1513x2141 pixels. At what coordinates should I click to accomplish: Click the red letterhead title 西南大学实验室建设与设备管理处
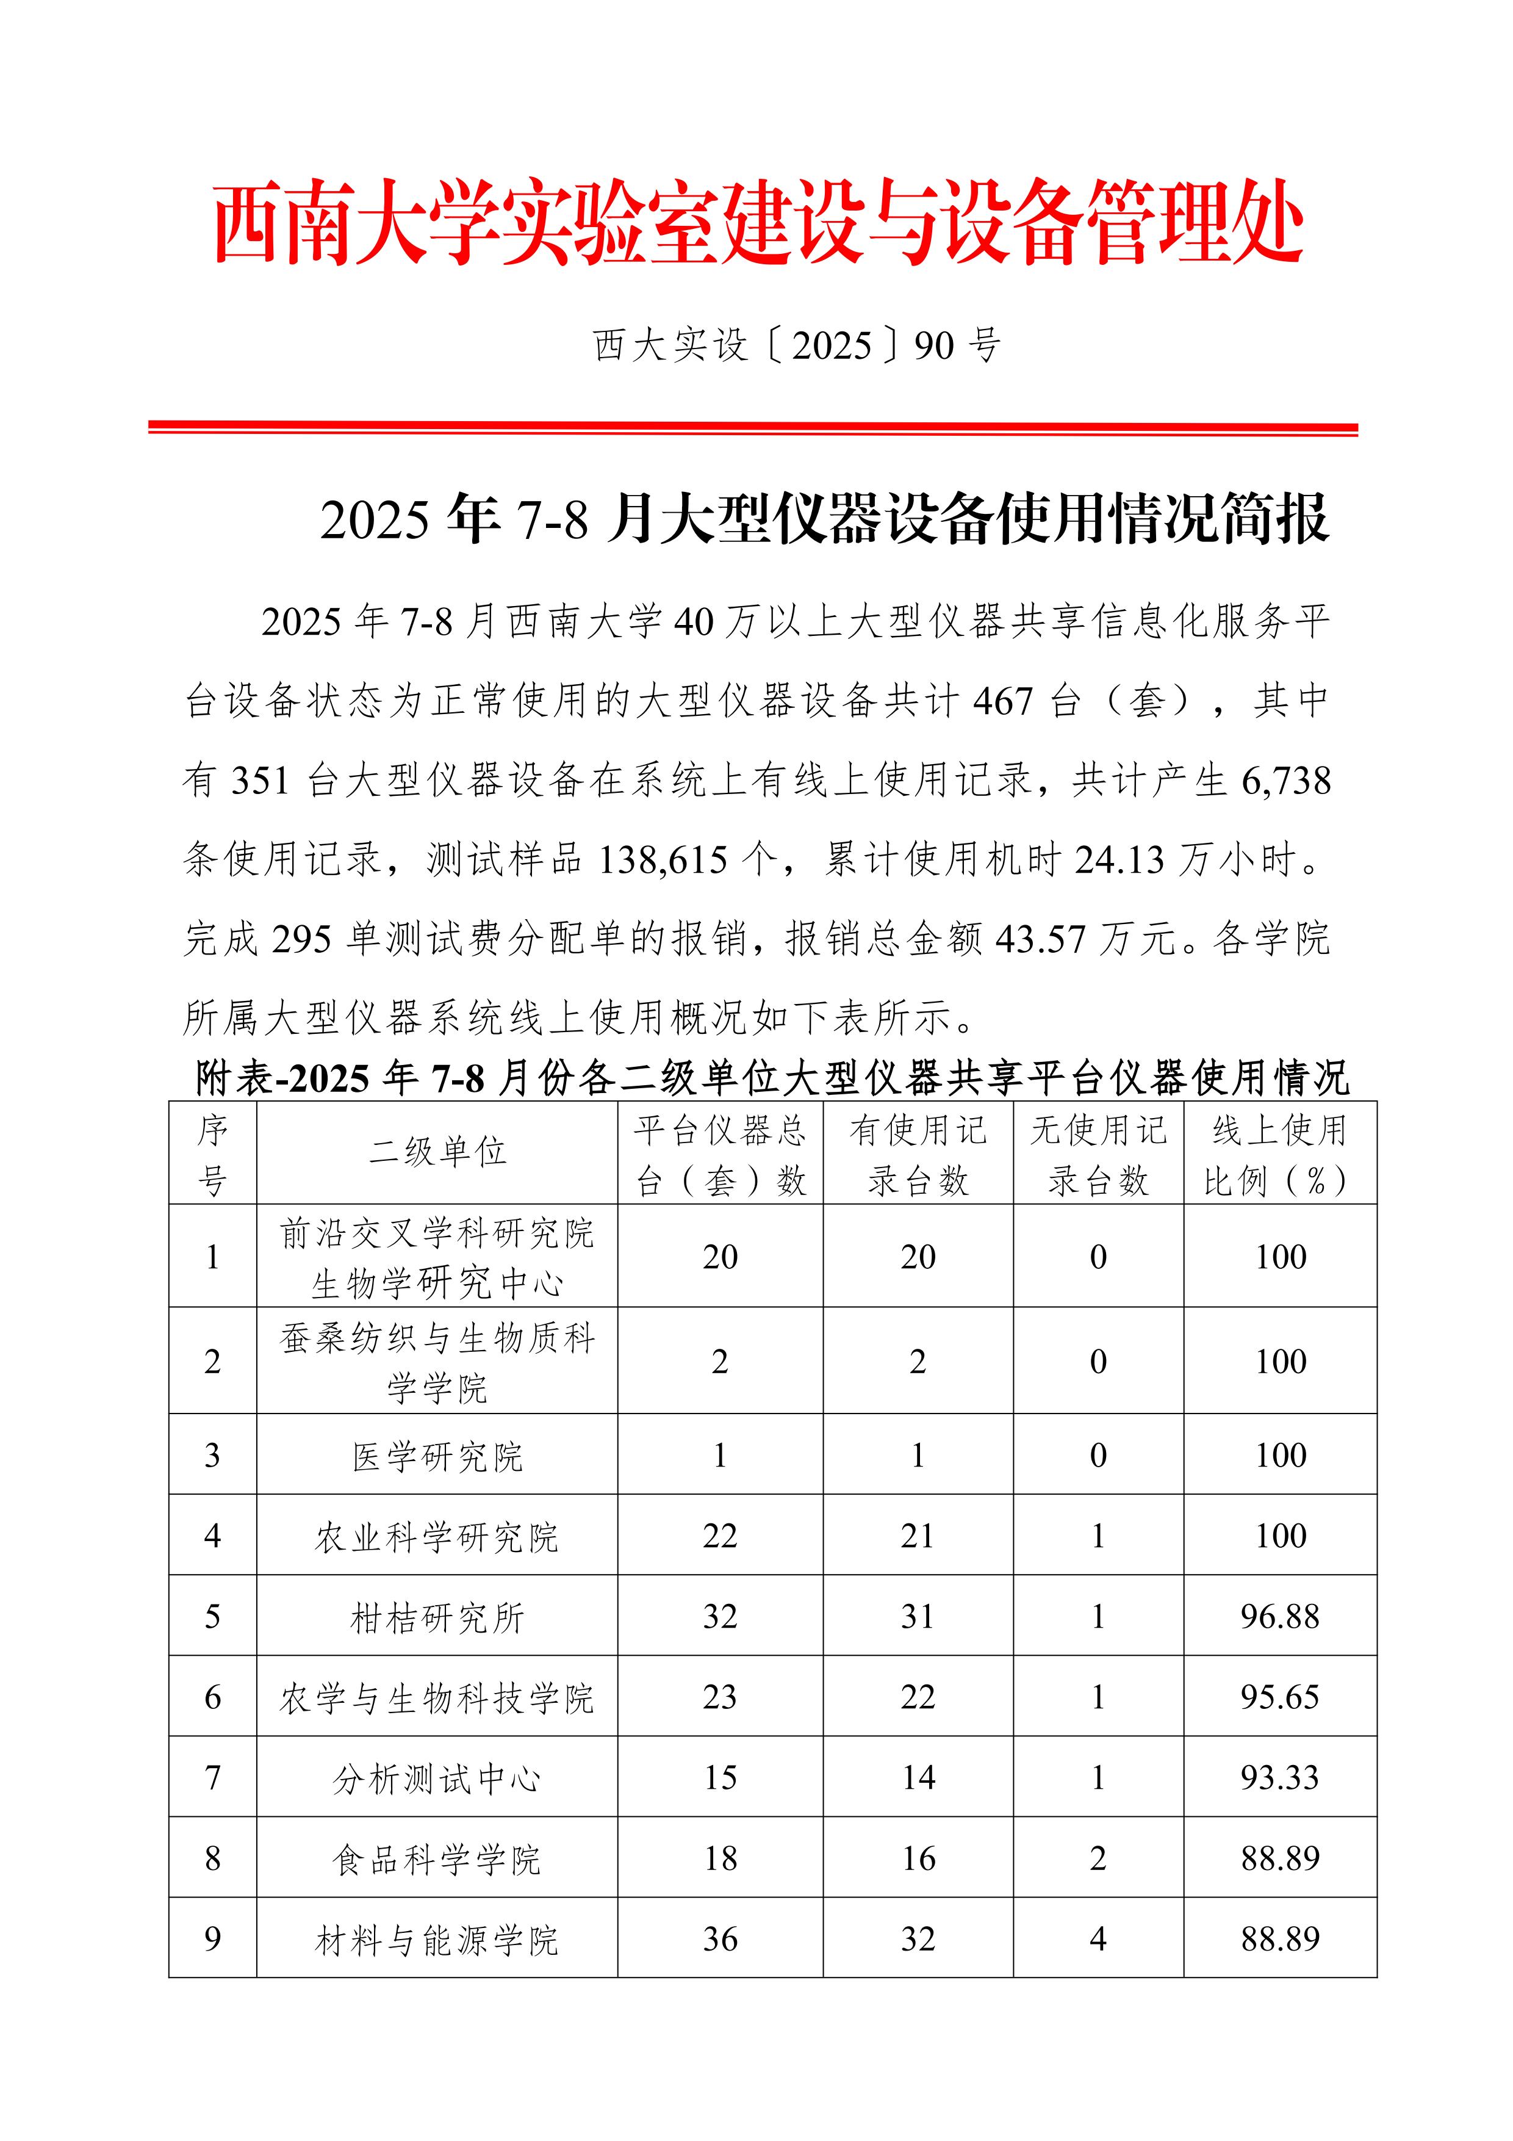(757, 224)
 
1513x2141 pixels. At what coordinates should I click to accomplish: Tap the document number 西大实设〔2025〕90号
(797, 345)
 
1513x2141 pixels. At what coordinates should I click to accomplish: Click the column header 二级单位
(437, 1152)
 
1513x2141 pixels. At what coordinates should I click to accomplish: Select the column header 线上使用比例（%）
(1280, 1155)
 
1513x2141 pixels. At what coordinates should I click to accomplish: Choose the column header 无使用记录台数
(1098, 1155)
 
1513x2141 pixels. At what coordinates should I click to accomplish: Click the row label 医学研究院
(437, 1456)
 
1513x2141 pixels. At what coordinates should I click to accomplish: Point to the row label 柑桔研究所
(437, 1617)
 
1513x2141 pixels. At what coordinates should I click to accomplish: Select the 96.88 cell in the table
(1280, 1617)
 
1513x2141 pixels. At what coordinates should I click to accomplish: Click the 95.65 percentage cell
(1280, 1697)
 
